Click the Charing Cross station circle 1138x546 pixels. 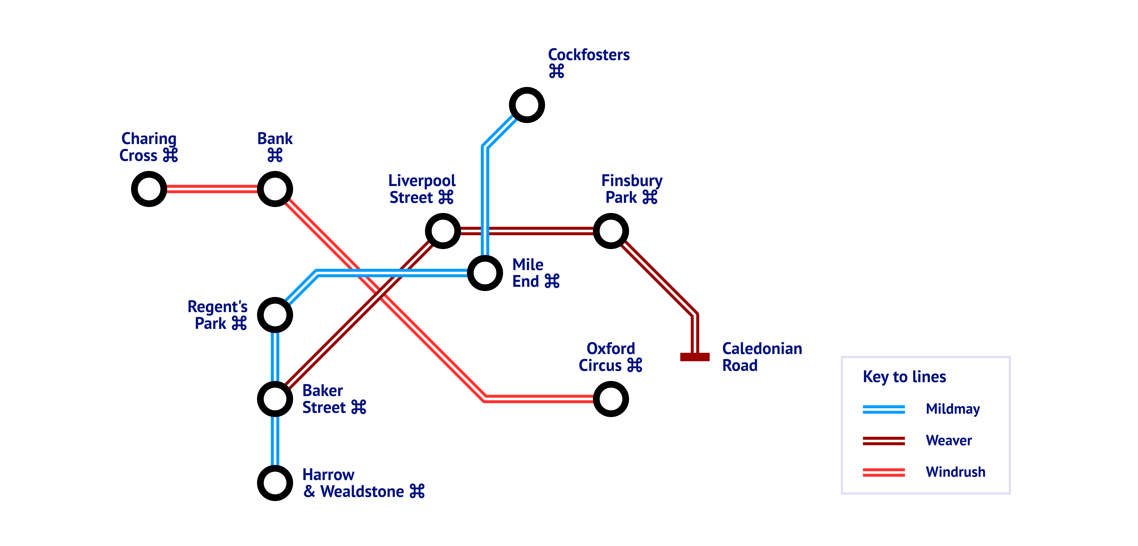click(x=149, y=189)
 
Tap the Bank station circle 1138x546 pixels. click(x=275, y=189)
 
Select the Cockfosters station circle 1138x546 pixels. click(x=527, y=105)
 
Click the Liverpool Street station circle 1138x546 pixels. click(x=443, y=231)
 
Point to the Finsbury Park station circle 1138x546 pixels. click(x=610, y=231)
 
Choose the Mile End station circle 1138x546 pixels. click(x=485, y=273)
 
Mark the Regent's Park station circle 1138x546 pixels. click(x=275, y=315)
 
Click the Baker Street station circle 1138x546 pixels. click(x=275, y=399)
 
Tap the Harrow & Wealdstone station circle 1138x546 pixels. click(x=275, y=483)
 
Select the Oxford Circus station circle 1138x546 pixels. click(x=610, y=399)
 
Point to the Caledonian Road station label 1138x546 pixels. click(x=762, y=357)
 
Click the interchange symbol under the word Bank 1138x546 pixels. click(x=275, y=155)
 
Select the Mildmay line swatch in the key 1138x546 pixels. click(x=883, y=410)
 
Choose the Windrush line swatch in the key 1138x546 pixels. click(x=883, y=472)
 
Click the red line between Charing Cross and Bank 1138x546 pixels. click(x=212, y=189)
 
